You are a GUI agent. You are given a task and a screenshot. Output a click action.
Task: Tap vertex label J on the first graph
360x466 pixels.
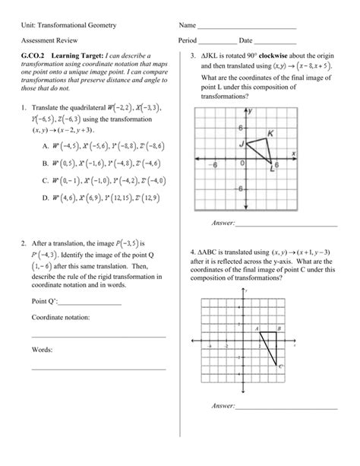tap(241, 144)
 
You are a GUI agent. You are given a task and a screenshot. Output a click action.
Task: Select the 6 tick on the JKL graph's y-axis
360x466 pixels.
tap(240, 127)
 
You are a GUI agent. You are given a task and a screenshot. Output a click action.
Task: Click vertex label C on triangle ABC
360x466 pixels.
tap(280, 366)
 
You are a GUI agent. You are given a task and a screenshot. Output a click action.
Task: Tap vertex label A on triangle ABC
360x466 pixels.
tap(257, 328)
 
